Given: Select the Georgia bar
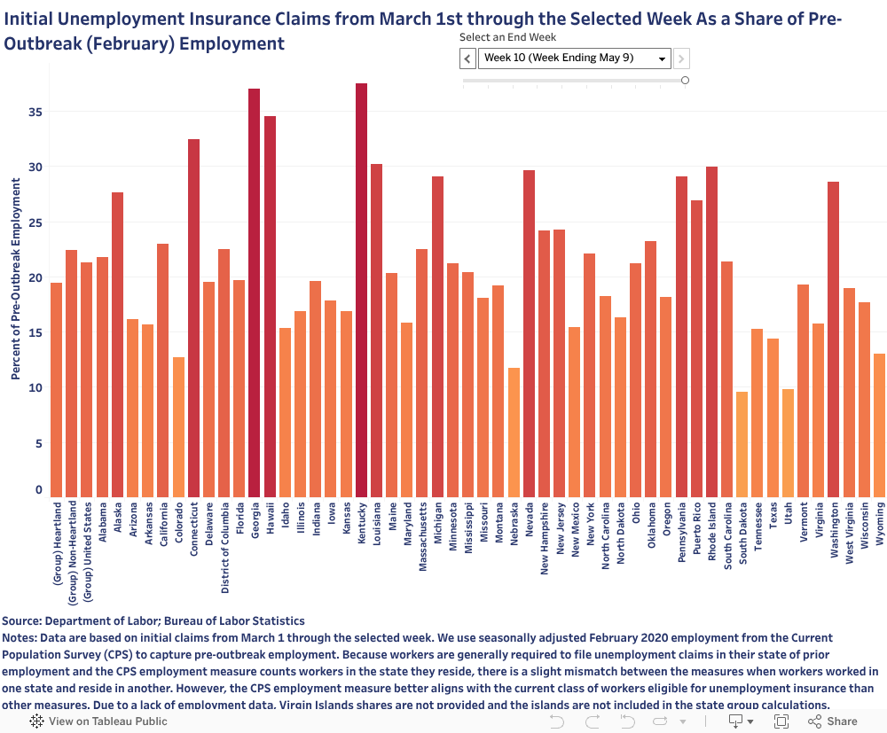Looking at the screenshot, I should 254,292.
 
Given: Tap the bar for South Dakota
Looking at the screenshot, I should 742,444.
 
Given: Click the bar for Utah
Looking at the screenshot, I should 788,443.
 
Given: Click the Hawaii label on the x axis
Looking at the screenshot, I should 270,519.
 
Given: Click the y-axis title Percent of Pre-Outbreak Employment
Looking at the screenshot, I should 15,278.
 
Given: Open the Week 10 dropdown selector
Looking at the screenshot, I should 574,58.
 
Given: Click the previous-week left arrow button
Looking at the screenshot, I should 467,58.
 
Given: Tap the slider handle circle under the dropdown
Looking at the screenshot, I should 685,80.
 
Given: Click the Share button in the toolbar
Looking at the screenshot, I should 833,721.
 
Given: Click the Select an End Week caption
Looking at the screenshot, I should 507,37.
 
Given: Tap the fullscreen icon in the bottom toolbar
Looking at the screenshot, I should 782,721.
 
